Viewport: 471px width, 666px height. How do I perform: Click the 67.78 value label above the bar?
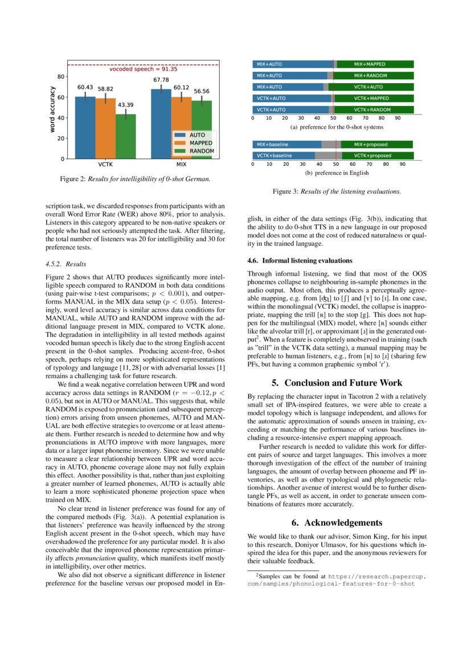(x=161, y=80)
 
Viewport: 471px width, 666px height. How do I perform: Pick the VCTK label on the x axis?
(x=105, y=164)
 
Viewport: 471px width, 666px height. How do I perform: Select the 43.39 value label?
(x=125, y=105)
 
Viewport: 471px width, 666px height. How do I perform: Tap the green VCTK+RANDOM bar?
(x=374, y=109)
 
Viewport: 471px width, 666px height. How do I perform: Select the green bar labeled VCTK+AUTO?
(x=374, y=87)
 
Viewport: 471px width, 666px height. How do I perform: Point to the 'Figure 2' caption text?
(x=135, y=179)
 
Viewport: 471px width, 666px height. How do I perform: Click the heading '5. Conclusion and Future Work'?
(x=337, y=383)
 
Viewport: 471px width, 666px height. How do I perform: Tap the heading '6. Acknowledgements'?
(x=337, y=522)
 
